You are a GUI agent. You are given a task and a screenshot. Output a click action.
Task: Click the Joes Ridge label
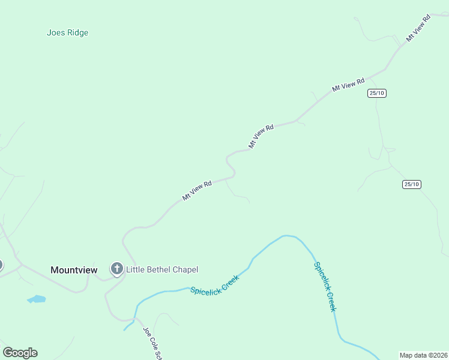click(x=67, y=33)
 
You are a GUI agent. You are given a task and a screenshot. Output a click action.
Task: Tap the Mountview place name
click(x=74, y=270)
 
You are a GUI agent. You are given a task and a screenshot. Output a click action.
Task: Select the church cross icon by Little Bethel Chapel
click(x=116, y=269)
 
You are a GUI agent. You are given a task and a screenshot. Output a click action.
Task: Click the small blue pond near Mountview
click(x=37, y=299)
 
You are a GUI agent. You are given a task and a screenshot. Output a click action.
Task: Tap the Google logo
click(x=20, y=353)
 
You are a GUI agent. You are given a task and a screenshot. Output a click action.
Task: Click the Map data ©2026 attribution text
click(x=423, y=355)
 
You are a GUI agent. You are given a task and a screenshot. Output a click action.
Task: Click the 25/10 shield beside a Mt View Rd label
click(x=377, y=93)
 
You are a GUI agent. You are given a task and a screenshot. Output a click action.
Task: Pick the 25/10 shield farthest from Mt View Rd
click(x=411, y=184)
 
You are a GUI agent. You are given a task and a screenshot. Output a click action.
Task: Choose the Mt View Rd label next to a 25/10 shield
click(x=348, y=85)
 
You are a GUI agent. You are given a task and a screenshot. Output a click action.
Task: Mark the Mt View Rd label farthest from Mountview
click(x=419, y=28)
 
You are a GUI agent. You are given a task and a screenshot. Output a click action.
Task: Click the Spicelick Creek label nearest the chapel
click(x=215, y=284)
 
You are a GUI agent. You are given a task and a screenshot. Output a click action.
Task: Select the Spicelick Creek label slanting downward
click(x=324, y=286)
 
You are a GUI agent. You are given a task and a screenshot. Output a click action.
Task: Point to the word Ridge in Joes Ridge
click(x=76, y=33)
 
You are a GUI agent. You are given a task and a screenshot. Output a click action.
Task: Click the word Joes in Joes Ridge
click(x=55, y=33)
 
